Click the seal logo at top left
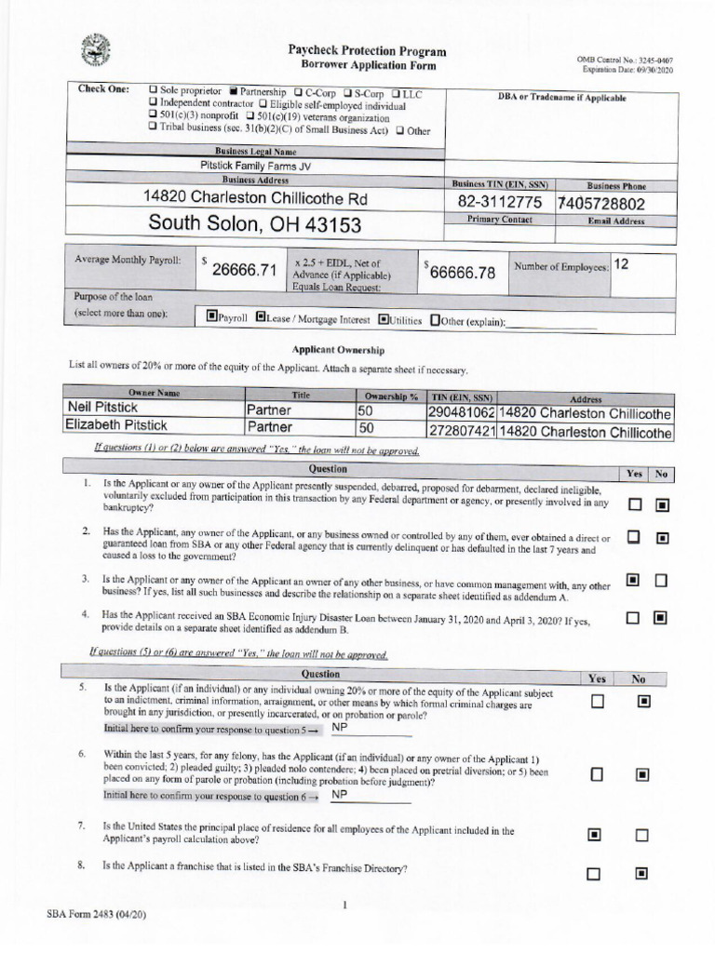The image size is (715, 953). (x=95, y=49)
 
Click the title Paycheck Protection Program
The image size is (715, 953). (x=366, y=51)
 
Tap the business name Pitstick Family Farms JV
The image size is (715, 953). (x=255, y=166)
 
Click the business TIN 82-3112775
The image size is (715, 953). (x=499, y=203)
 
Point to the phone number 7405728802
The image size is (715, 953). (x=601, y=204)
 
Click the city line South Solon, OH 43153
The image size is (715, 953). (x=254, y=224)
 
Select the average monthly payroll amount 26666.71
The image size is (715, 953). (x=244, y=270)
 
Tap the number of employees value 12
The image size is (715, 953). (x=621, y=264)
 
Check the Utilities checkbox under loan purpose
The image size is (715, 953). (x=384, y=319)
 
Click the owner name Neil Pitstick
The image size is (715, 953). (x=101, y=408)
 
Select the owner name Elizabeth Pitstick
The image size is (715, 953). (x=116, y=425)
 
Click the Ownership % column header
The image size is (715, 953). (x=390, y=395)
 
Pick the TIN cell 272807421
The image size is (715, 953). (x=461, y=432)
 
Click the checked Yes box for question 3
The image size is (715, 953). (x=633, y=581)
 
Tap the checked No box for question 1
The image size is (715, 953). (x=662, y=505)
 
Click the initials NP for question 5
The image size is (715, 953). (x=339, y=728)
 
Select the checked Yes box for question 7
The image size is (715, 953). (x=595, y=835)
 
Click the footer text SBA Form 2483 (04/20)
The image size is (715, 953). (x=96, y=915)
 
